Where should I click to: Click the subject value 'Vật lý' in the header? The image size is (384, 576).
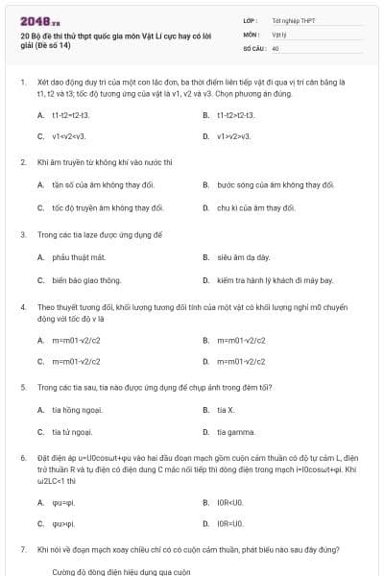click(x=280, y=33)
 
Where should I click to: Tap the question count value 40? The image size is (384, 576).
click(x=276, y=47)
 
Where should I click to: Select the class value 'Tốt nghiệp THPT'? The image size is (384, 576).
click(x=293, y=19)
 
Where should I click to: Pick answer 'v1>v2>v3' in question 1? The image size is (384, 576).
click(x=233, y=136)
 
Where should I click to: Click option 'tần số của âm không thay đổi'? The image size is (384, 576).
click(x=100, y=184)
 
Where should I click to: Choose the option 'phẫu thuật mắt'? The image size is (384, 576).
click(x=79, y=257)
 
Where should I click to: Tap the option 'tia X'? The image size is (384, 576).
click(x=226, y=410)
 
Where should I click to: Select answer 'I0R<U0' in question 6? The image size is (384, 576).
click(x=230, y=501)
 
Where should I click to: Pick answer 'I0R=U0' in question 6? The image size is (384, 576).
click(x=230, y=524)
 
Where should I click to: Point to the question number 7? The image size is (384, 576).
click(x=23, y=550)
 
